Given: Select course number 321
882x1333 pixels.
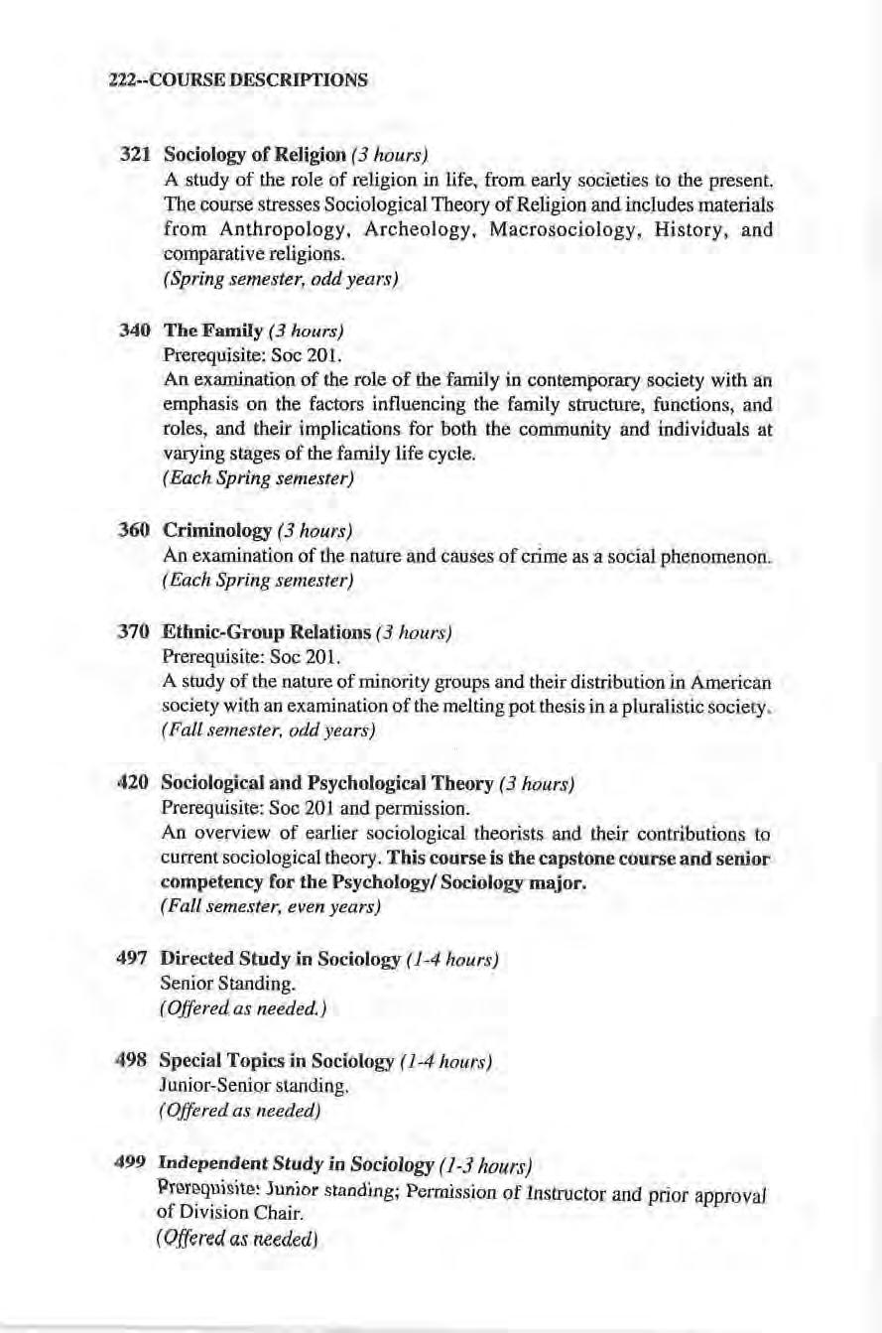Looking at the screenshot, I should (134, 156).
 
